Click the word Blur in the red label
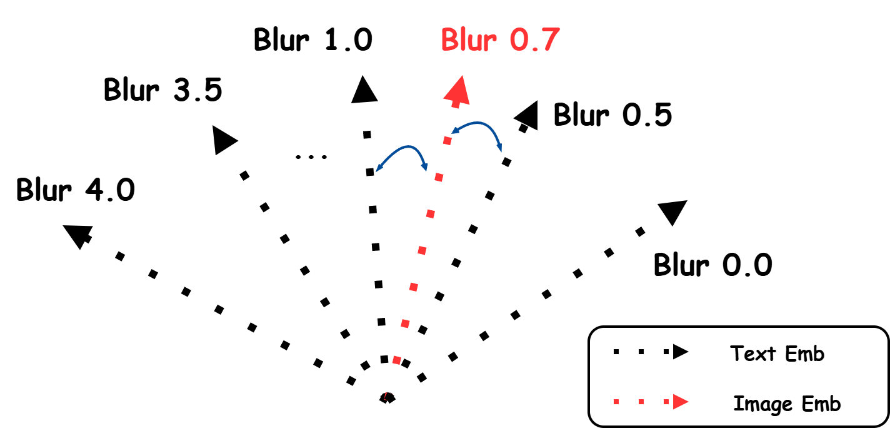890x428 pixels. click(469, 41)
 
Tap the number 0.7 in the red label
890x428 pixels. click(534, 41)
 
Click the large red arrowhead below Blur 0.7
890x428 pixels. click(458, 91)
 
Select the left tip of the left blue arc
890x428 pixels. click(377, 170)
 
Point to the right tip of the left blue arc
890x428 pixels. click(426, 168)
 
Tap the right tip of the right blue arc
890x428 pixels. click(500, 150)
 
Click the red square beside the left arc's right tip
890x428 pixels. click(439, 178)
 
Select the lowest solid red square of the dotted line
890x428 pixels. click(396, 360)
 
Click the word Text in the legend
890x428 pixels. click(752, 354)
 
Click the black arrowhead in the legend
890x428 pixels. click(681, 352)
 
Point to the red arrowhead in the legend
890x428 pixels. click(681, 402)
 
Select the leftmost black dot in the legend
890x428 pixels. click(616, 352)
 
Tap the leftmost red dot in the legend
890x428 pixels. click(616, 402)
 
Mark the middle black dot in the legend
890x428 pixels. click(641, 352)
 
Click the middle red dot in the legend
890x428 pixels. click(641, 402)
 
